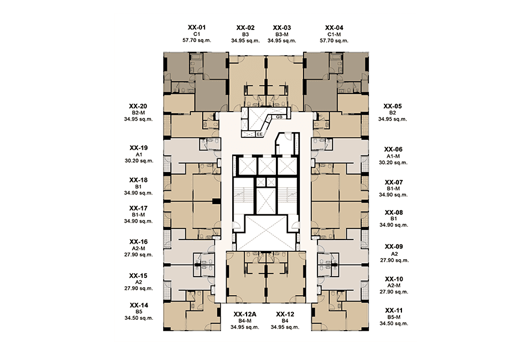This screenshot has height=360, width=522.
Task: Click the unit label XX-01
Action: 197,28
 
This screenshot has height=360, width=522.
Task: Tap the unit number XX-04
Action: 334,28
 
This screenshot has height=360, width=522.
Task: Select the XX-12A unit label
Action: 245,314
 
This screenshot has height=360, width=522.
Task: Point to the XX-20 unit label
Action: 138,106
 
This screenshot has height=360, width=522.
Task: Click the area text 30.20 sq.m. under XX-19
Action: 139,161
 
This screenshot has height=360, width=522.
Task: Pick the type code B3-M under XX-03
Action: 281,34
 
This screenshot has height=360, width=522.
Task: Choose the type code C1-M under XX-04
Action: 334,34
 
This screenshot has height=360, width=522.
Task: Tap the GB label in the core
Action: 279,116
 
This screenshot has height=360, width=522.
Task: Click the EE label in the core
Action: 260,134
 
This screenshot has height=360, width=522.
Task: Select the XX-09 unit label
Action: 394,247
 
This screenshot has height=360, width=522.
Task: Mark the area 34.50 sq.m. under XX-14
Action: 139,318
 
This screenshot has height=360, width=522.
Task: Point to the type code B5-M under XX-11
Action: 394,317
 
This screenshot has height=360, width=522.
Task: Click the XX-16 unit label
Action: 139,242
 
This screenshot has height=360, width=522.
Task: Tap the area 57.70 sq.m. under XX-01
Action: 197,41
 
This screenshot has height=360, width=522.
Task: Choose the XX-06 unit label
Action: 393,149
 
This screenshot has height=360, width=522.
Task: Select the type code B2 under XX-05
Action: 393,113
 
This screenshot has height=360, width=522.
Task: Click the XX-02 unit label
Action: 245,28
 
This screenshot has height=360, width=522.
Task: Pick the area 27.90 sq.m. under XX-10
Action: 394,292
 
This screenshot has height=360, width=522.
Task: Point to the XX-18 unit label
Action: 139,180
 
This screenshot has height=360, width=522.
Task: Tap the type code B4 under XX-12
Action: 285,321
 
